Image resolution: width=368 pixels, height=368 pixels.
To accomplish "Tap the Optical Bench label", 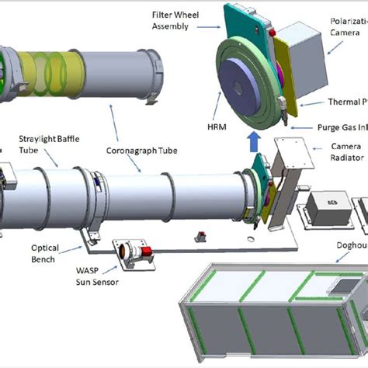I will (43, 255).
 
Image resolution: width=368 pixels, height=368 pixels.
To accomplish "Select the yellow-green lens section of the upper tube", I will (51, 74).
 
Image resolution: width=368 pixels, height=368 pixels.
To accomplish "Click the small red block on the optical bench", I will (200, 234).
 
